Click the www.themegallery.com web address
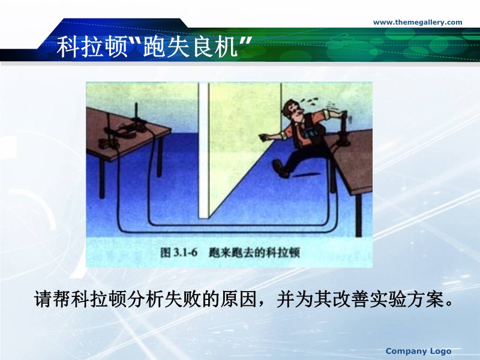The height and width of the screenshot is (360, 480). click(418, 22)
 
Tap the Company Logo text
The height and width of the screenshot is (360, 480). click(418, 351)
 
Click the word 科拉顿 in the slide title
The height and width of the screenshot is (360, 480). click(92, 47)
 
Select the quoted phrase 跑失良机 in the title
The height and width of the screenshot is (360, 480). click(190, 47)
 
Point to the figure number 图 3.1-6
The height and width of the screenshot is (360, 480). click(179, 253)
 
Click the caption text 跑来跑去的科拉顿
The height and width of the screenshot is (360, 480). click(254, 253)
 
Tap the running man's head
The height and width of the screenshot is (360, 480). click(292, 110)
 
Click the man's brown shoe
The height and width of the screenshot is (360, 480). click(281, 169)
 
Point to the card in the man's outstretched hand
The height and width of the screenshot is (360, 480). click(263, 137)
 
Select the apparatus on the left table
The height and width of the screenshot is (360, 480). click(122, 130)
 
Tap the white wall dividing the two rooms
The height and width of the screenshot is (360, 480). click(204, 151)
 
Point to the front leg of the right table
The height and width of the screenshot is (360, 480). click(359, 215)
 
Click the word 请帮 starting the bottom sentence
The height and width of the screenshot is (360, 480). click(52, 299)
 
